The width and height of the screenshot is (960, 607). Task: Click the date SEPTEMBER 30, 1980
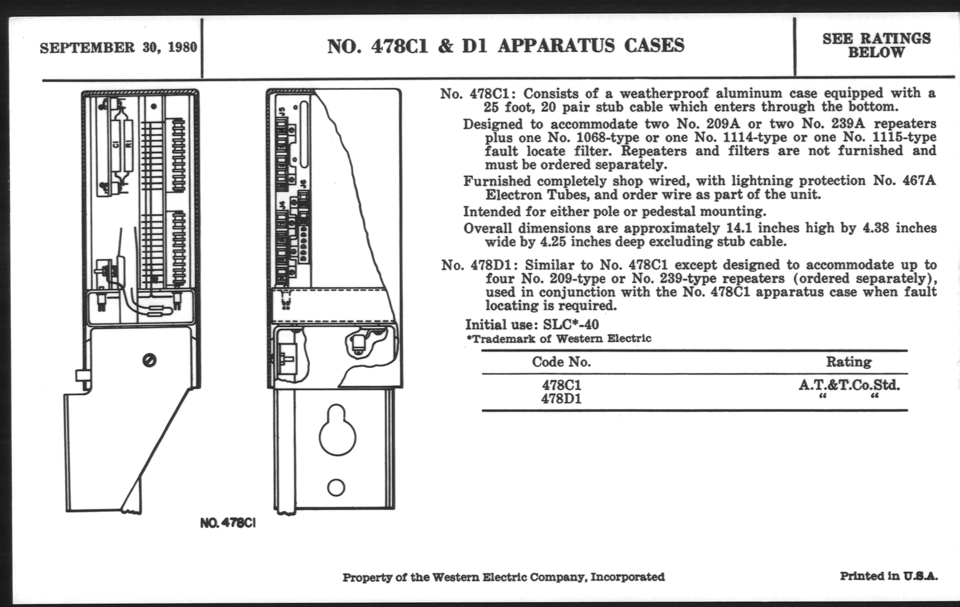[119, 48]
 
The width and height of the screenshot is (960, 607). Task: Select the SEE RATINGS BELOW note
[877, 45]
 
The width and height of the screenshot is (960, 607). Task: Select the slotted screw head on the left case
[149, 360]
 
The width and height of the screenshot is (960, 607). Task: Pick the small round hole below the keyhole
[336, 487]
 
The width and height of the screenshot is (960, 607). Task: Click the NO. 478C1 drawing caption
[228, 523]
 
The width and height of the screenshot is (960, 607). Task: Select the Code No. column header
[561, 362]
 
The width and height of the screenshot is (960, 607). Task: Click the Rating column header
[849, 362]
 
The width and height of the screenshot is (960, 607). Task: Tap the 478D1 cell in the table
[561, 399]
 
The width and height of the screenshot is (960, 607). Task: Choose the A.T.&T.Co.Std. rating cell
[849, 385]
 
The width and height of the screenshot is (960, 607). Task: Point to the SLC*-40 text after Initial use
[571, 324]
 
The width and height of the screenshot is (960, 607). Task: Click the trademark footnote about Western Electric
[559, 339]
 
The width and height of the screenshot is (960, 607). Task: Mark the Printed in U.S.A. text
[889, 576]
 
